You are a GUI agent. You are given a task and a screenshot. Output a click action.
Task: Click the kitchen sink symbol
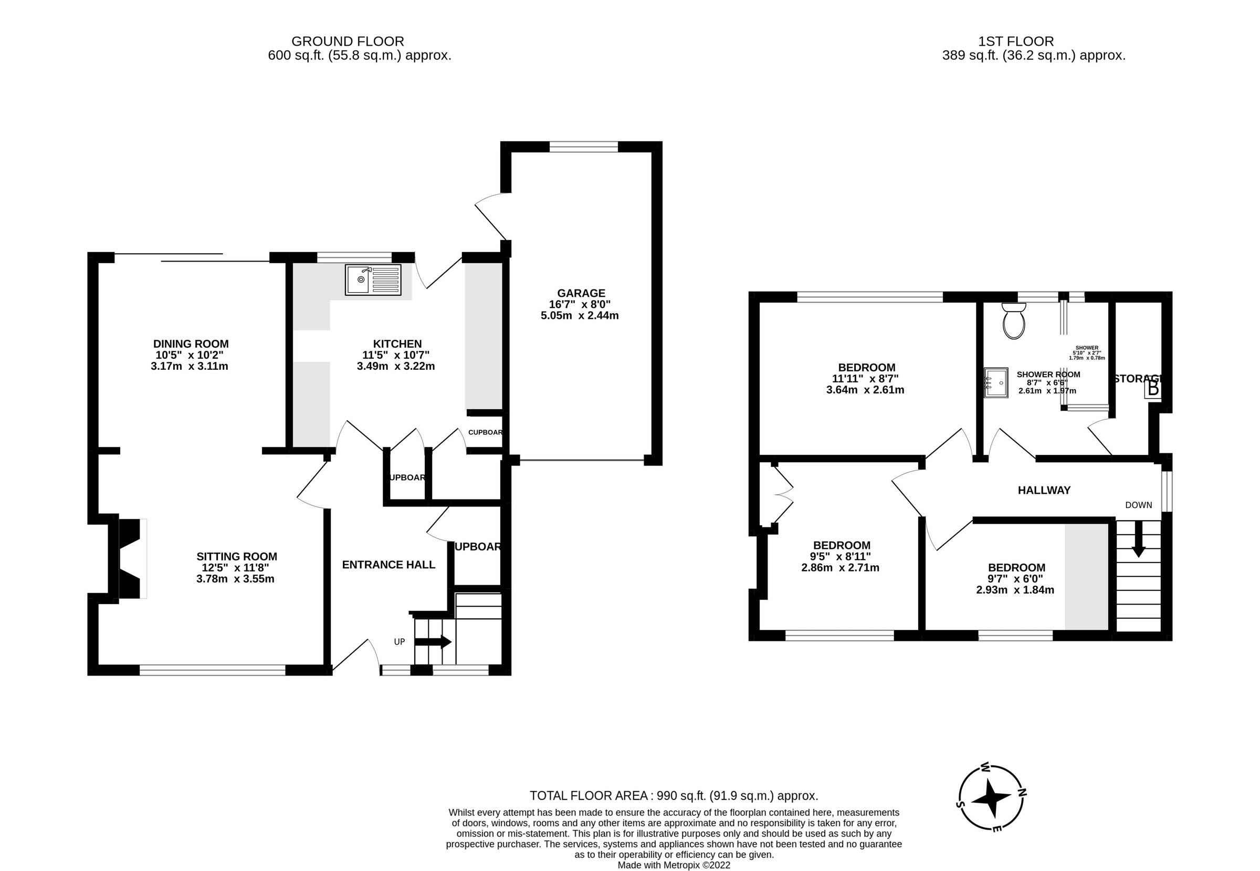click(373, 279)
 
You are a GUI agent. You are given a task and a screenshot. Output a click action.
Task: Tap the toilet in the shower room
click(1013, 322)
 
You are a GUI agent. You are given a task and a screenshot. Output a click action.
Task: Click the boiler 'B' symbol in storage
click(1152, 389)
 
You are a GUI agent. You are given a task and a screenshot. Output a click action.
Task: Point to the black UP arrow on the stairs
click(433, 642)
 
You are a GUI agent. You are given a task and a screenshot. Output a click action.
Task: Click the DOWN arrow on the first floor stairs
click(1138, 539)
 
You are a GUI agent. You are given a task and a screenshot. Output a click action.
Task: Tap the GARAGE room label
click(581, 293)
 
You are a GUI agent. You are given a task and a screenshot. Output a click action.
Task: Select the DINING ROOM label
click(191, 344)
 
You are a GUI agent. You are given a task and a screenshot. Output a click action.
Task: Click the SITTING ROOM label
click(237, 557)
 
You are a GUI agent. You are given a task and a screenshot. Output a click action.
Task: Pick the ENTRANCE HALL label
click(388, 565)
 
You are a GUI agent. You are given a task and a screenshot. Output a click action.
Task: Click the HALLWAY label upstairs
click(1044, 491)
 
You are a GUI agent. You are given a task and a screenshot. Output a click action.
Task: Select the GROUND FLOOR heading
click(348, 42)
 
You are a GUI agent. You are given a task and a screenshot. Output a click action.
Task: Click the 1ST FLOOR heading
click(1016, 42)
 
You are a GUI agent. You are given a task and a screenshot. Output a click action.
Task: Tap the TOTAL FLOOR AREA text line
click(674, 796)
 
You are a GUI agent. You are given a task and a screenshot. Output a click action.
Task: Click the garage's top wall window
click(583, 146)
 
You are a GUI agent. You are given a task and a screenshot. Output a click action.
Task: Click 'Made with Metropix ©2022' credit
click(674, 865)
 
